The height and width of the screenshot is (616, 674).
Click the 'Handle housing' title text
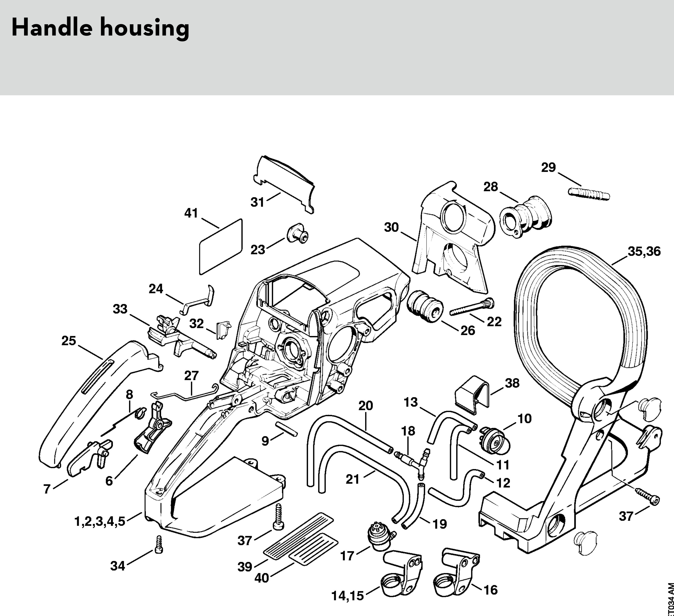100,28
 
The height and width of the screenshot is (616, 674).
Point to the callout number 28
491,187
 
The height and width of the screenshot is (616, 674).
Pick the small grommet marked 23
297,235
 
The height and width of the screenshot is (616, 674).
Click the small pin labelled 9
286,428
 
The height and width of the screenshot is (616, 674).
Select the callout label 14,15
347,595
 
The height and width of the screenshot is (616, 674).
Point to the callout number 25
69,341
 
